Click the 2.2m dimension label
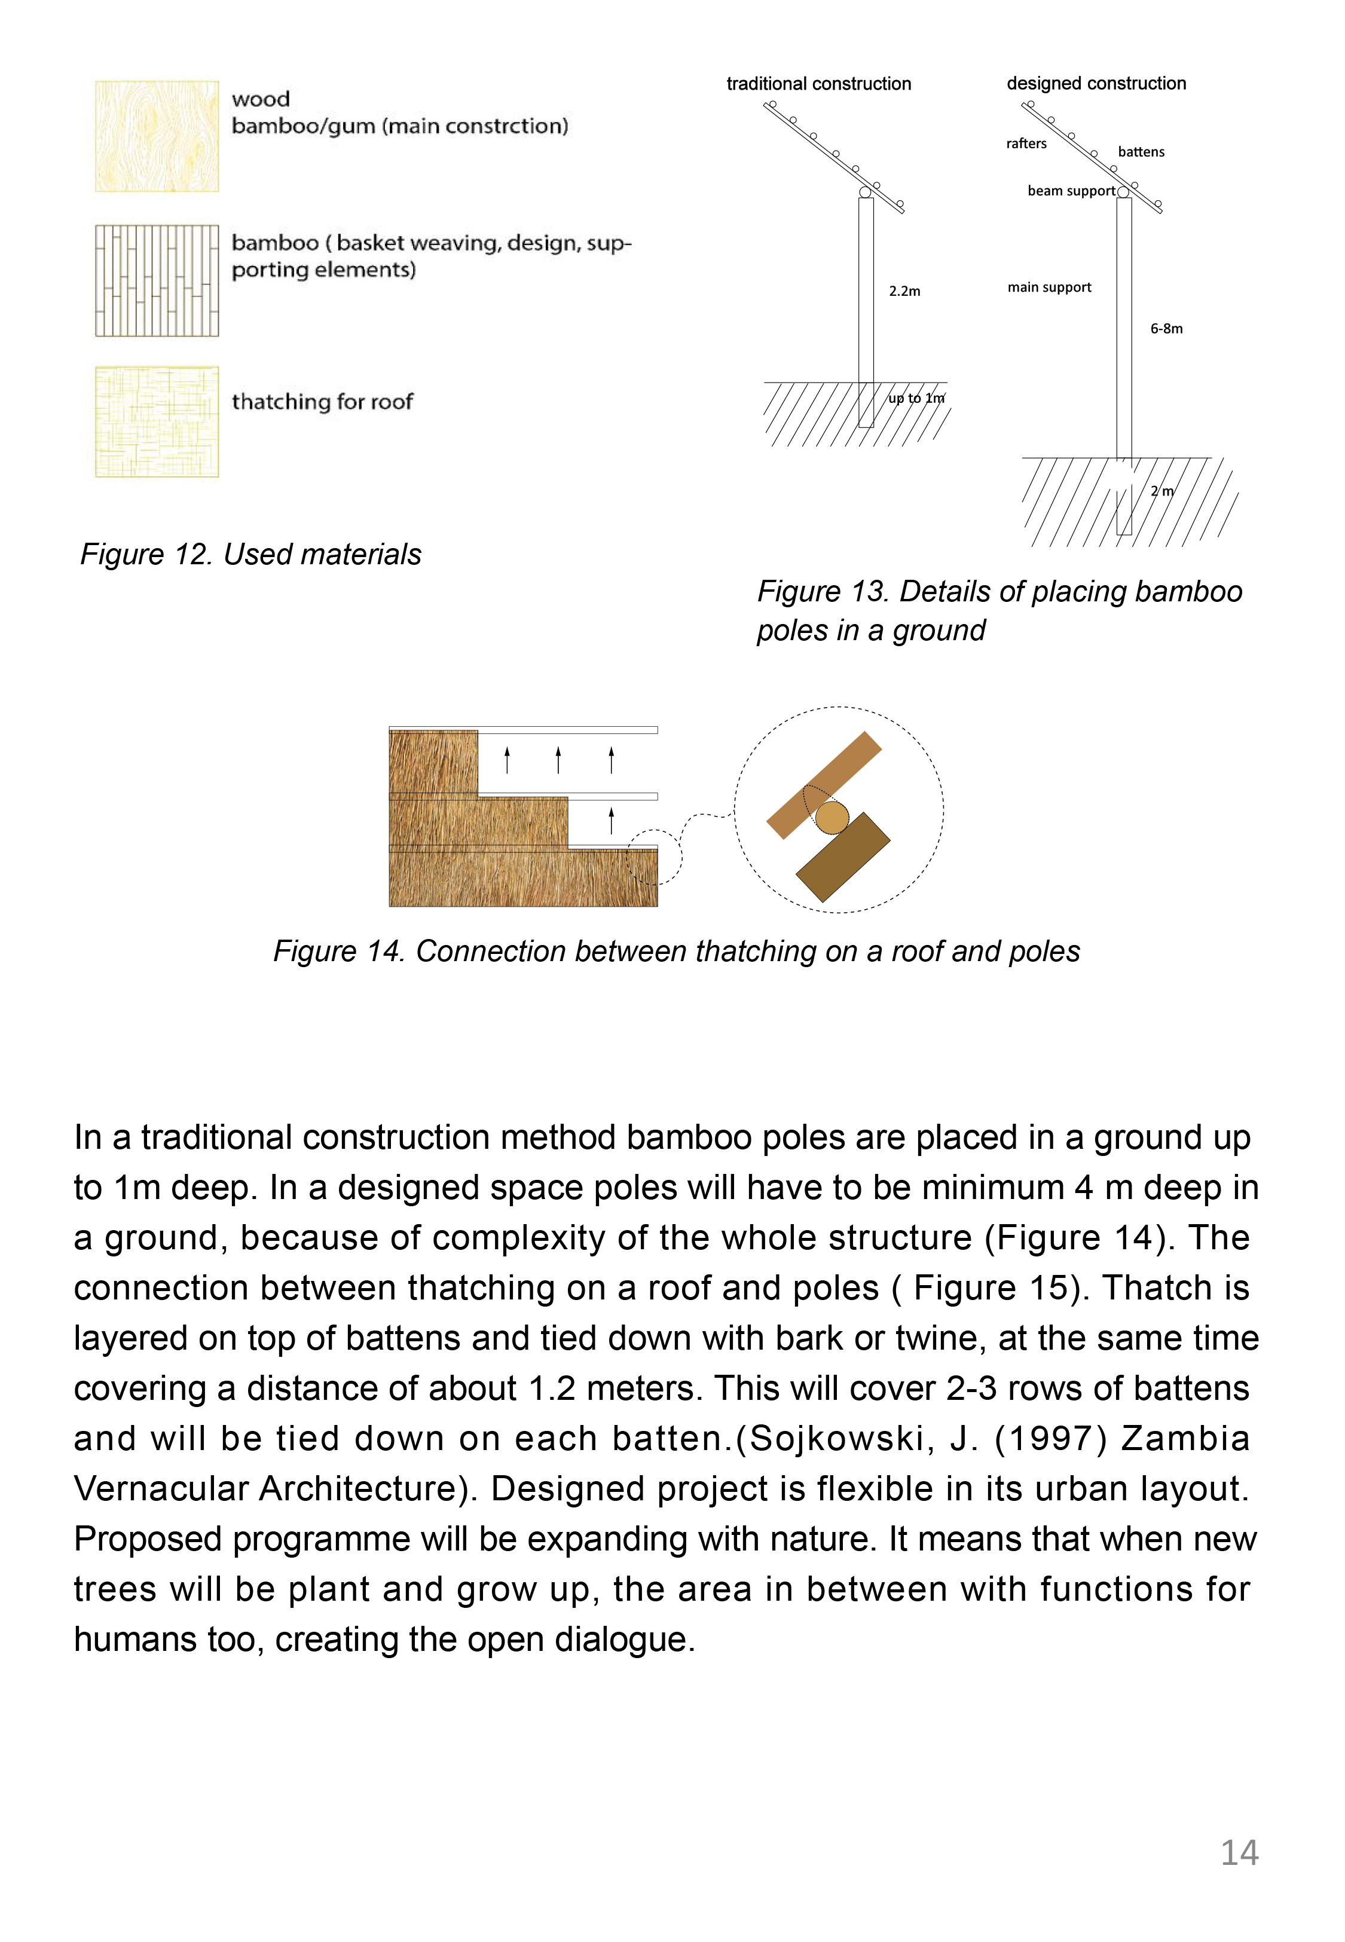click(904, 292)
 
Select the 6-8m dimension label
click(1166, 329)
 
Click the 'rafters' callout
click(1026, 144)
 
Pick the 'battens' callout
click(1141, 152)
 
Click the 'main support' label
click(1049, 288)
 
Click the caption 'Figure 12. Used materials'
click(250, 554)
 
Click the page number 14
click(1239, 1852)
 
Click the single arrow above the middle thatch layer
click(611, 819)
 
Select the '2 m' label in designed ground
click(1162, 491)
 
